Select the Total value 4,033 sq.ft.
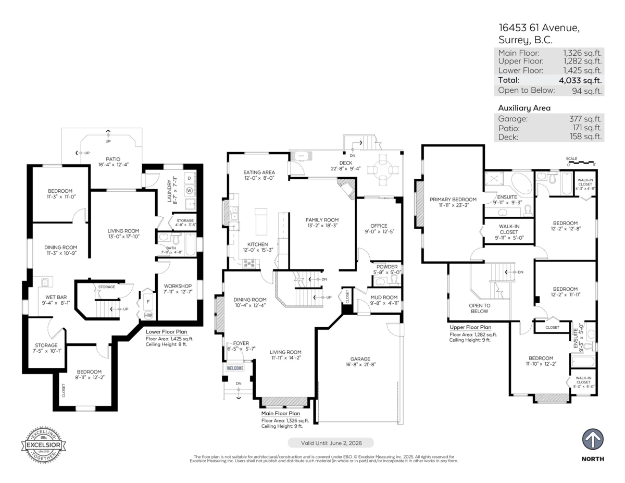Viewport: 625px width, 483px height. (580, 80)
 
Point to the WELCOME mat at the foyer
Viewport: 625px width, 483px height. (234, 368)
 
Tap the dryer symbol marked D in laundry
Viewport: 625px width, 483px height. (189, 178)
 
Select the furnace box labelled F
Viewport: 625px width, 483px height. (147, 302)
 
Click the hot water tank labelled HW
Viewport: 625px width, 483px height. (148, 315)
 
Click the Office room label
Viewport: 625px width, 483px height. (379, 226)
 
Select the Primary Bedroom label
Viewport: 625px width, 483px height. (453, 200)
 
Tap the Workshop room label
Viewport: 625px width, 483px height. (178, 286)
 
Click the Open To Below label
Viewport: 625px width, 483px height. (479, 308)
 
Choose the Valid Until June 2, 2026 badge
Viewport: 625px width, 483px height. (330, 442)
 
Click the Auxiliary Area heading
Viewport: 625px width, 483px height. (524, 108)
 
